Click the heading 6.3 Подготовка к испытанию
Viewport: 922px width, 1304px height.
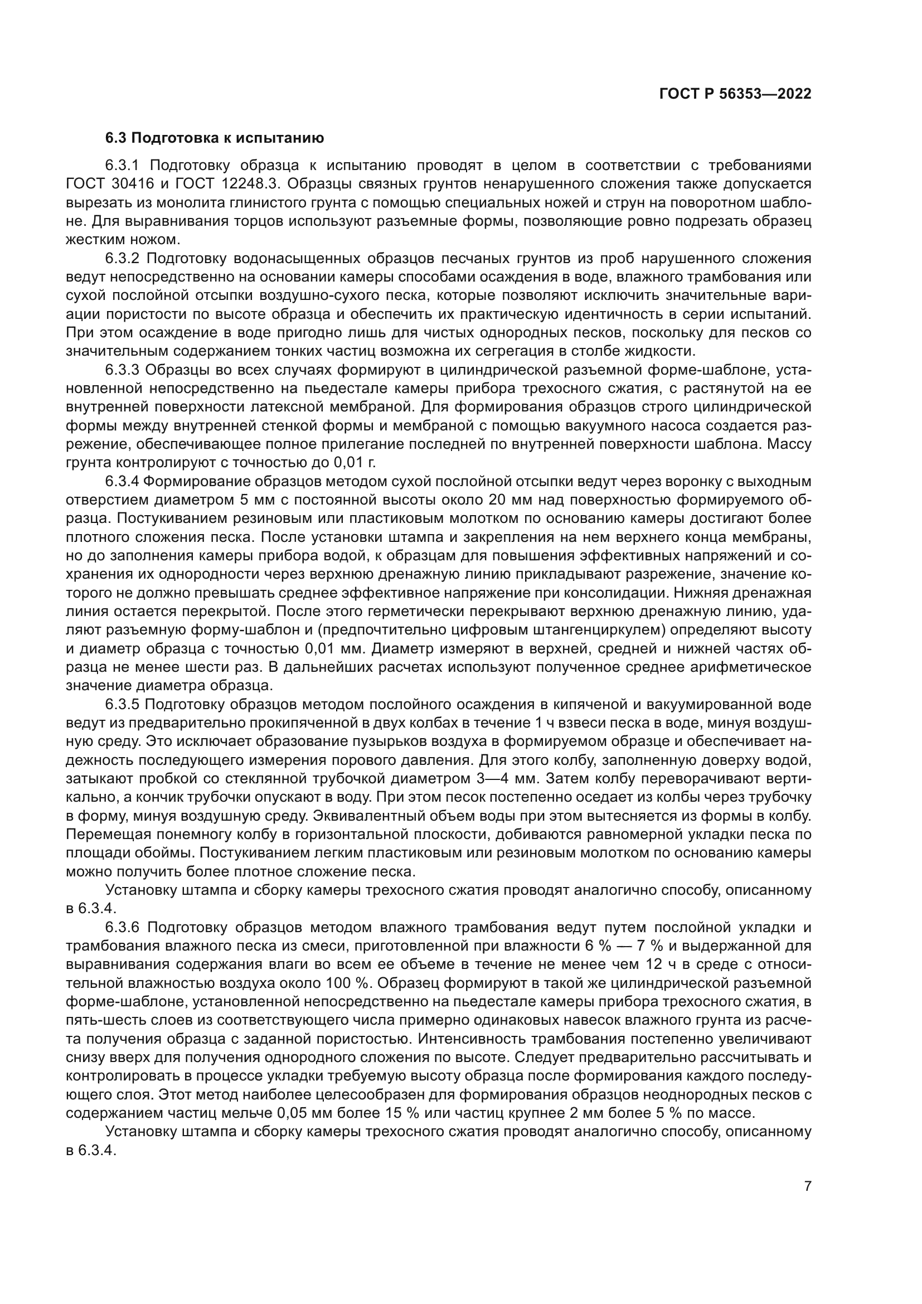(215, 138)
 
